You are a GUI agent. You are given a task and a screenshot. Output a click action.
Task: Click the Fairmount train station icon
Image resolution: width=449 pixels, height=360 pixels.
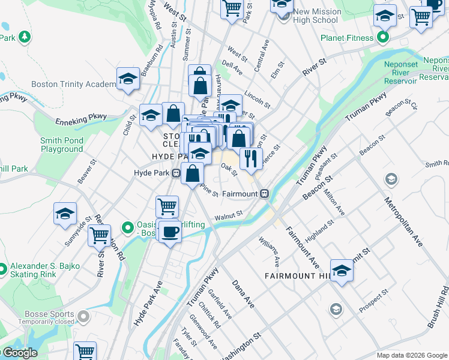(264, 194)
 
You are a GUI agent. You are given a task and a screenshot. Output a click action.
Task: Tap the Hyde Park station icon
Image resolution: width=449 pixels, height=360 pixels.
(176, 173)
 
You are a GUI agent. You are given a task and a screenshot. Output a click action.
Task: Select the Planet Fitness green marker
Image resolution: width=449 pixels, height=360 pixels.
(383, 38)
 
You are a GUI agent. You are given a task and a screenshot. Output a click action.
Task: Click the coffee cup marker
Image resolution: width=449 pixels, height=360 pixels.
(170, 232)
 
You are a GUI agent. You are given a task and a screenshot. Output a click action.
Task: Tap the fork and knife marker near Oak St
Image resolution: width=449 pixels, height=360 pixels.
(249, 158)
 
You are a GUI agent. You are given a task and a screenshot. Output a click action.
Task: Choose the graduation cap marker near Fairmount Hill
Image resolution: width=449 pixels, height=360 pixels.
(342, 271)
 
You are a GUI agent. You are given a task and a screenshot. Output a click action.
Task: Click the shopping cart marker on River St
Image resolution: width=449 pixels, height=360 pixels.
(99, 235)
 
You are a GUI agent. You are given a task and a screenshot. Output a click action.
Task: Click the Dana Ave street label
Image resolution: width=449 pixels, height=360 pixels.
(243, 293)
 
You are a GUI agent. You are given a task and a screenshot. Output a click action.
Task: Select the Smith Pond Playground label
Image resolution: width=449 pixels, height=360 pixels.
(62, 145)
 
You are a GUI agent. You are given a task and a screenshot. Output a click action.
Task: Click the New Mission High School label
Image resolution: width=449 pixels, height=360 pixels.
(316, 16)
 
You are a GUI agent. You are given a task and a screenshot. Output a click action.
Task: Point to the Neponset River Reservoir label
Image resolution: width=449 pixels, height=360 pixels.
(404, 73)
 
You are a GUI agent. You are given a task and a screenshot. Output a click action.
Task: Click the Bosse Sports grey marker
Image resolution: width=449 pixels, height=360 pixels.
(83, 314)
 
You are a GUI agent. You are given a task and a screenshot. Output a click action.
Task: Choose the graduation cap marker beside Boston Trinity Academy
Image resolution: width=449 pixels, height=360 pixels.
(128, 79)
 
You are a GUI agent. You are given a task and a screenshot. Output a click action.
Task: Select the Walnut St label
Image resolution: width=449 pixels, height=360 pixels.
(229, 214)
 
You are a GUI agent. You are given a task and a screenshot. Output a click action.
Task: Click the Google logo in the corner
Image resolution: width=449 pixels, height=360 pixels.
(20, 353)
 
